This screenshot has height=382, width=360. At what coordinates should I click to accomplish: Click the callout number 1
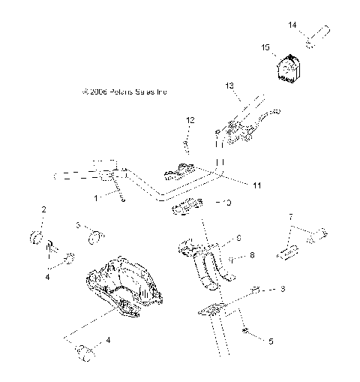(x=96, y=197)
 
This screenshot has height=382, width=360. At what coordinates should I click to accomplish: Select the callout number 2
(x=43, y=209)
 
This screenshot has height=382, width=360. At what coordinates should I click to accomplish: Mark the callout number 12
(x=190, y=120)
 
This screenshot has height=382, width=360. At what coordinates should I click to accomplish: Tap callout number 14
(x=293, y=26)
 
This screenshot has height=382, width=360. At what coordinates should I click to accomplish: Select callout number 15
(x=264, y=47)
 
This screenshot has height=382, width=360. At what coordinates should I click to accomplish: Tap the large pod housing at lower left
(x=122, y=284)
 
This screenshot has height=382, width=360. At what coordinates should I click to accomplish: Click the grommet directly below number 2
(x=36, y=239)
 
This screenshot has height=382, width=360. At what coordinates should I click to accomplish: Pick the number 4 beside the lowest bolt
(x=109, y=340)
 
